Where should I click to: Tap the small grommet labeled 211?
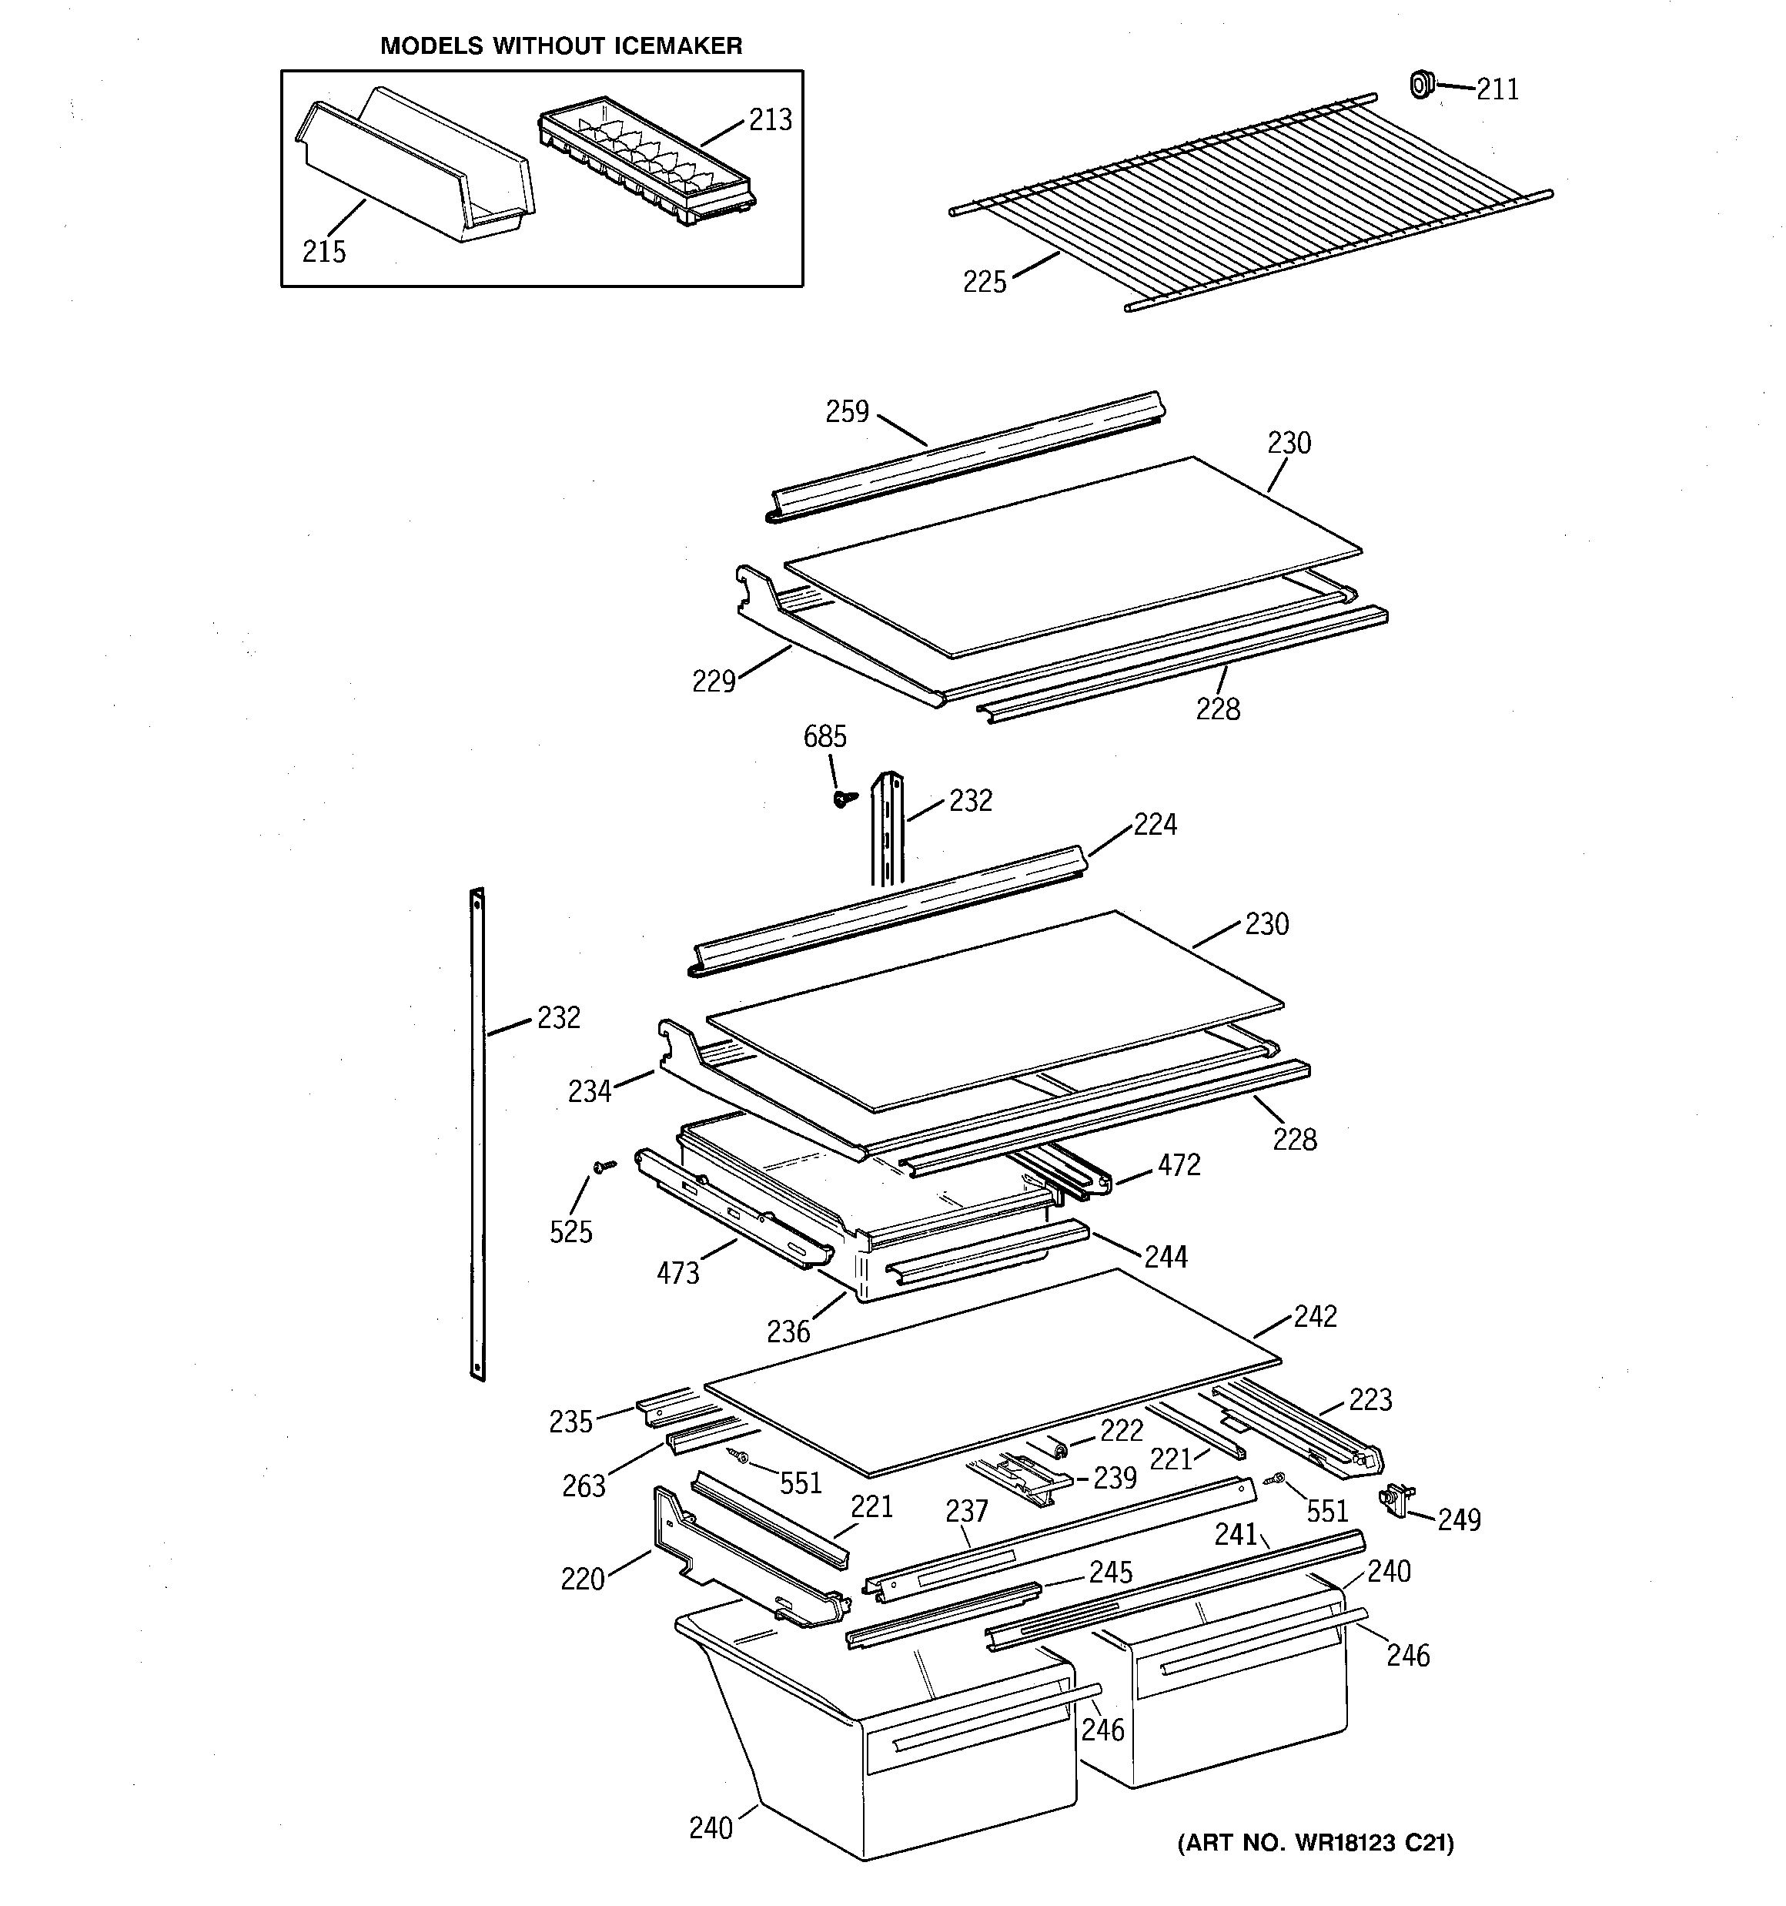pos(1423,85)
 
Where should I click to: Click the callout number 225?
pos(985,283)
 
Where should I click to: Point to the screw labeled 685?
pos(844,798)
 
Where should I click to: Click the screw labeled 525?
pos(604,1166)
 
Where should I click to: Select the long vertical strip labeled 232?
pos(477,1131)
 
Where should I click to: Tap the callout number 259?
pos(847,412)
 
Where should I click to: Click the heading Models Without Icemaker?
pos(561,46)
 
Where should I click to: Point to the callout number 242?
pos(1314,1316)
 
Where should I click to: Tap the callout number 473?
pos(677,1273)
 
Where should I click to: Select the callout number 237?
pos(966,1512)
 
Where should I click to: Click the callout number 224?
pos(1156,825)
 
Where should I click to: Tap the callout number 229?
pos(714,682)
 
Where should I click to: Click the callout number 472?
pos(1178,1165)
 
